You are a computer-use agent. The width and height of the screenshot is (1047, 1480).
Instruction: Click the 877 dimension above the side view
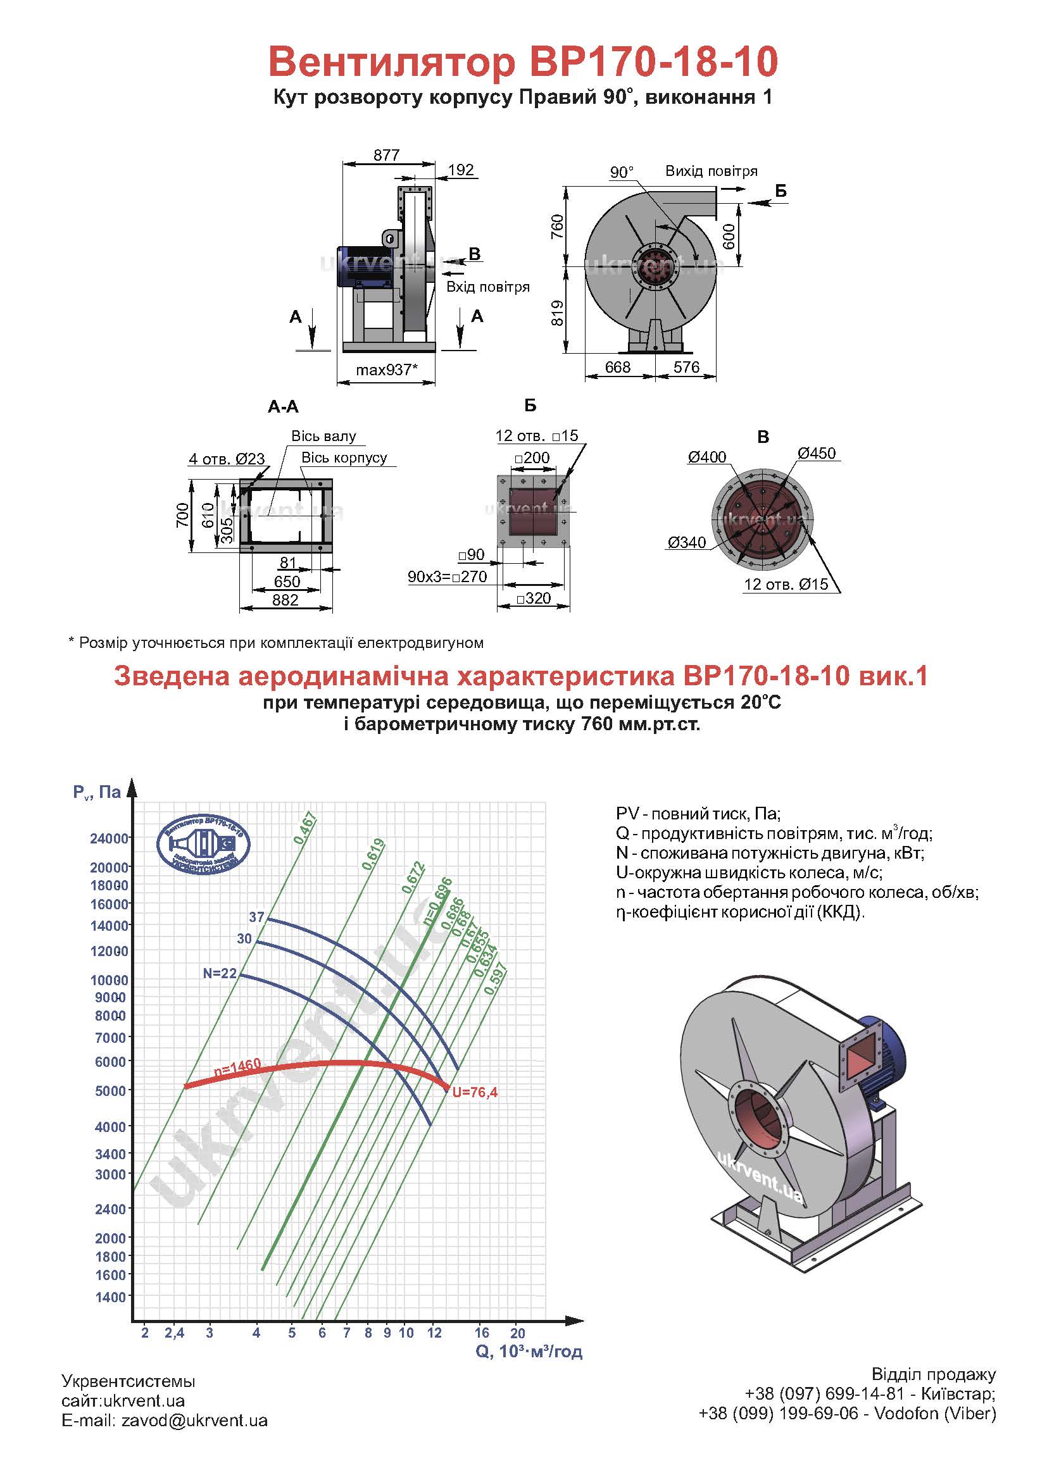(x=386, y=156)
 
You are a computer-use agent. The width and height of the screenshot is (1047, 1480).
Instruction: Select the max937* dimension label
(x=387, y=370)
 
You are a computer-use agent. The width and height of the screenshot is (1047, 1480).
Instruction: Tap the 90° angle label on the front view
(x=622, y=172)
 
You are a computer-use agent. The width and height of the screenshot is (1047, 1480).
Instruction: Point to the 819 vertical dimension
(x=558, y=313)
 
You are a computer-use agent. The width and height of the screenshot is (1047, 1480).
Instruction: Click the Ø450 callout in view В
(x=816, y=453)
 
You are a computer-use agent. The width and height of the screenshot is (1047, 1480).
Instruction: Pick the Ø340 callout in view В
(x=687, y=543)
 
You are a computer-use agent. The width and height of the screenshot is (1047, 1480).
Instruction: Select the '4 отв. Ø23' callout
(x=227, y=459)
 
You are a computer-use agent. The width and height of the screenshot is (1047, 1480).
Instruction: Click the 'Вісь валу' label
(x=323, y=436)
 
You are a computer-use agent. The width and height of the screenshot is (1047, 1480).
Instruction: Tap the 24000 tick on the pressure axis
(x=110, y=838)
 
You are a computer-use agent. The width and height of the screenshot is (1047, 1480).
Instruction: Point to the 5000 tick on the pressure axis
(x=111, y=1091)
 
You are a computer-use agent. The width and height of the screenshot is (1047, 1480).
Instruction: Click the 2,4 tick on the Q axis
(x=175, y=1333)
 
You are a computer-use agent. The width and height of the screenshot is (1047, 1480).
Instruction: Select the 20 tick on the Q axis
(x=518, y=1333)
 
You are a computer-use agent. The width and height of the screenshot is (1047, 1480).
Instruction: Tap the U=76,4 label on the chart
(x=475, y=1093)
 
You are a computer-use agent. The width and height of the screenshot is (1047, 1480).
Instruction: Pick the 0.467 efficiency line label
(x=305, y=828)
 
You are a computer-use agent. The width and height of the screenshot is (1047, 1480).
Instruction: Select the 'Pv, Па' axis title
(x=97, y=792)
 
